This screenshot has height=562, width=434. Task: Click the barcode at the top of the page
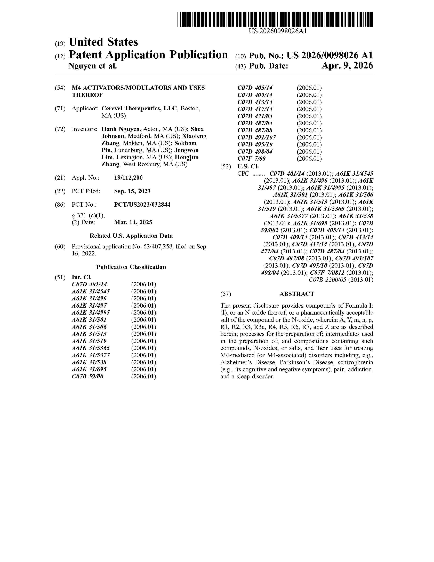pos(275,19)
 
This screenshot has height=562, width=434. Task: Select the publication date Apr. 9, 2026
pos(347,66)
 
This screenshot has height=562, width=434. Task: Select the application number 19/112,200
pos(128,178)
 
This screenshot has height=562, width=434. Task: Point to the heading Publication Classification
pos(131,267)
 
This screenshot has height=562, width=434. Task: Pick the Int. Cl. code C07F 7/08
pos(251,159)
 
